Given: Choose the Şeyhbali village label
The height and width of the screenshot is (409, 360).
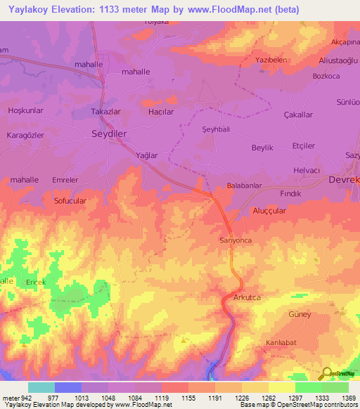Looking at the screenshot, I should (x=216, y=129).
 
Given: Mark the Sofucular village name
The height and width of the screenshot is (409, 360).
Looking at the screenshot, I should (x=70, y=200).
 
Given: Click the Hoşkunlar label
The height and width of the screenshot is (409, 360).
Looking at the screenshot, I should (x=25, y=111).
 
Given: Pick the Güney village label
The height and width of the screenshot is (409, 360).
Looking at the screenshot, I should (x=300, y=314).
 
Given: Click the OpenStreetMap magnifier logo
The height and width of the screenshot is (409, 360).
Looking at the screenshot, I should (x=326, y=372).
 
